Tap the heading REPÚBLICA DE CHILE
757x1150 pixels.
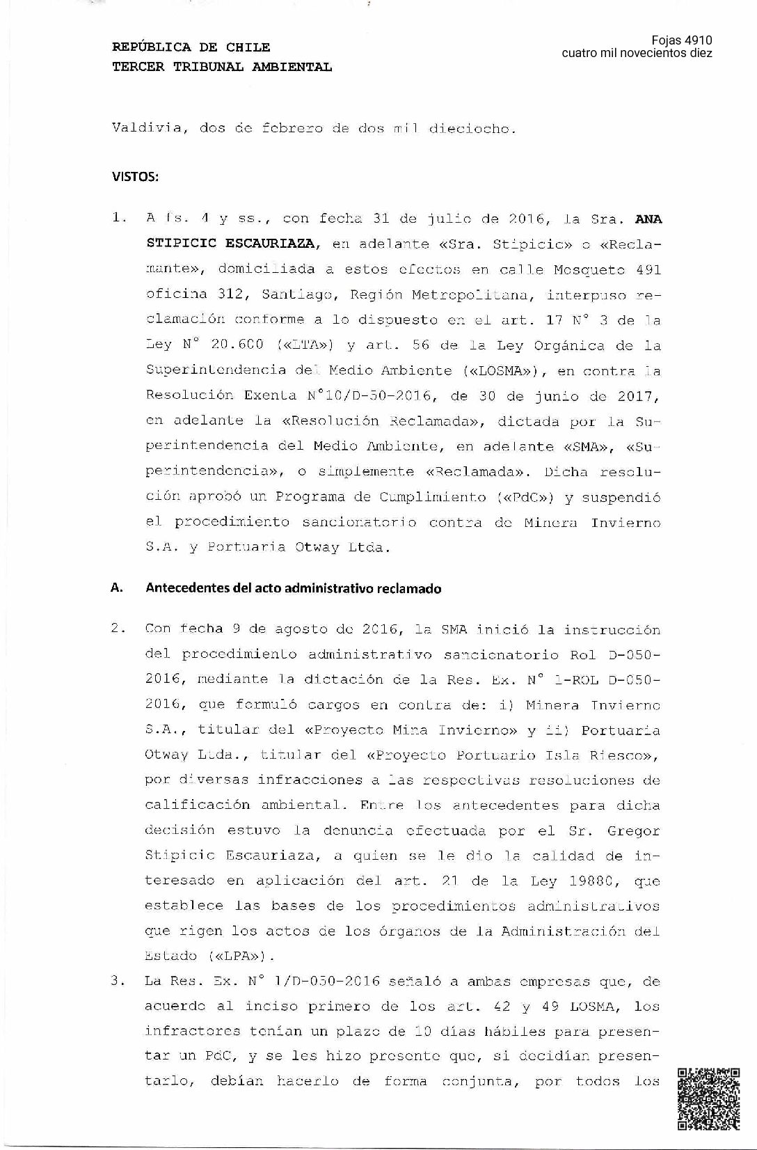tap(191, 47)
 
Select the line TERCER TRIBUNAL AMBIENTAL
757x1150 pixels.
tap(222, 67)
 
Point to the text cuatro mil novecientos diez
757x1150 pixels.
tap(637, 54)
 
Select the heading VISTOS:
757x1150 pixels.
tap(135, 176)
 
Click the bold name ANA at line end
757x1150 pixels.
tap(648, 219)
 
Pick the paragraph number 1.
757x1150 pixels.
tap(118, 218)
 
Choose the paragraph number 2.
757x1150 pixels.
tap(118, 628)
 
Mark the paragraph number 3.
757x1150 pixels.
tap(118, 981)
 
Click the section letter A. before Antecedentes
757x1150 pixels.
tap(117, 588)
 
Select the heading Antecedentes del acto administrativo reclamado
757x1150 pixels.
tap(293, 588)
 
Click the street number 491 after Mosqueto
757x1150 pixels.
tap(648, 269)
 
